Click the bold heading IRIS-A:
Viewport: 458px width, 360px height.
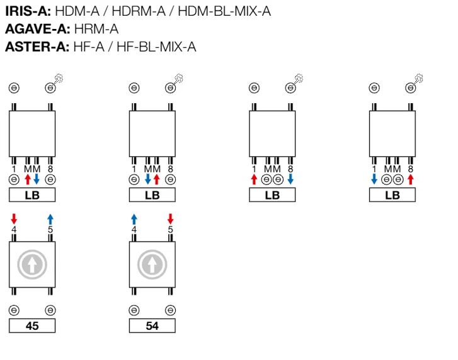coord(28,11)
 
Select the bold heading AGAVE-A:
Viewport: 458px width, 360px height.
coord(38,29)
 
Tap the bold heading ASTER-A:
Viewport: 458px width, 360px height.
coord(37,47)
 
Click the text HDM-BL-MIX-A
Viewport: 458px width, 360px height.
coord(224,11)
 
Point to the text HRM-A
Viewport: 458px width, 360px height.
coord(96,29)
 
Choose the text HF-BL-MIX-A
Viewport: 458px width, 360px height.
coord(156,47)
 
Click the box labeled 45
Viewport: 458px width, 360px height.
coord(32,325)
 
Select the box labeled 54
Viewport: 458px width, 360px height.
coord(152,325)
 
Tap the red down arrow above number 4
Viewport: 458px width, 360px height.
coord(14,219)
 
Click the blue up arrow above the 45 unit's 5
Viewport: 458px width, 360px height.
coord(50,219)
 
